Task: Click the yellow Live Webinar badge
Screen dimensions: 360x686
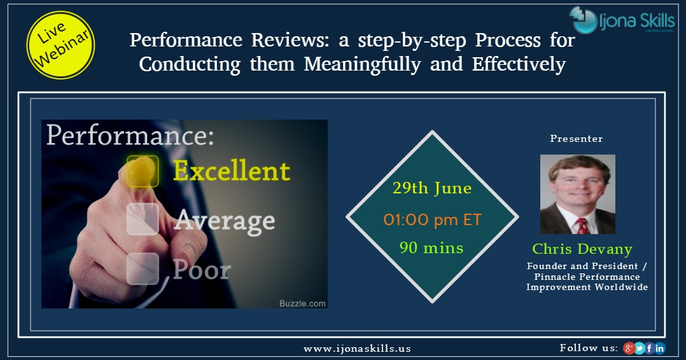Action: click(60, 45)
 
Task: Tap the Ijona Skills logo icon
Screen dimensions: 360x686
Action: click(582, 20)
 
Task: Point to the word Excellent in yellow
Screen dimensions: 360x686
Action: click(232, 170)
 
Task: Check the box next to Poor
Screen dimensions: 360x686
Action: click(141, 268)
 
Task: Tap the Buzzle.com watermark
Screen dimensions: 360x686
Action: click(302, 303)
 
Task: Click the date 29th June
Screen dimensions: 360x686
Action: click(432, 189)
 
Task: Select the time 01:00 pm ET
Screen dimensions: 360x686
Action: click(432, 220)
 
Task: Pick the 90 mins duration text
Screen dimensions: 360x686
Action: click(432, 247)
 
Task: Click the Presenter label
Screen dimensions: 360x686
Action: click(577, 139)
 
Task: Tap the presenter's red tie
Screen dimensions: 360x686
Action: click(581, 225)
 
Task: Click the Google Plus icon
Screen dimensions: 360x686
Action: click(629, 348)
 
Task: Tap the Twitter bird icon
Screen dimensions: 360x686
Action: click(640, 348)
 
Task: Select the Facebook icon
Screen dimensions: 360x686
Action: click(650, 348)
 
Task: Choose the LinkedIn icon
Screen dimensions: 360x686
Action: click(660, 348)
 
